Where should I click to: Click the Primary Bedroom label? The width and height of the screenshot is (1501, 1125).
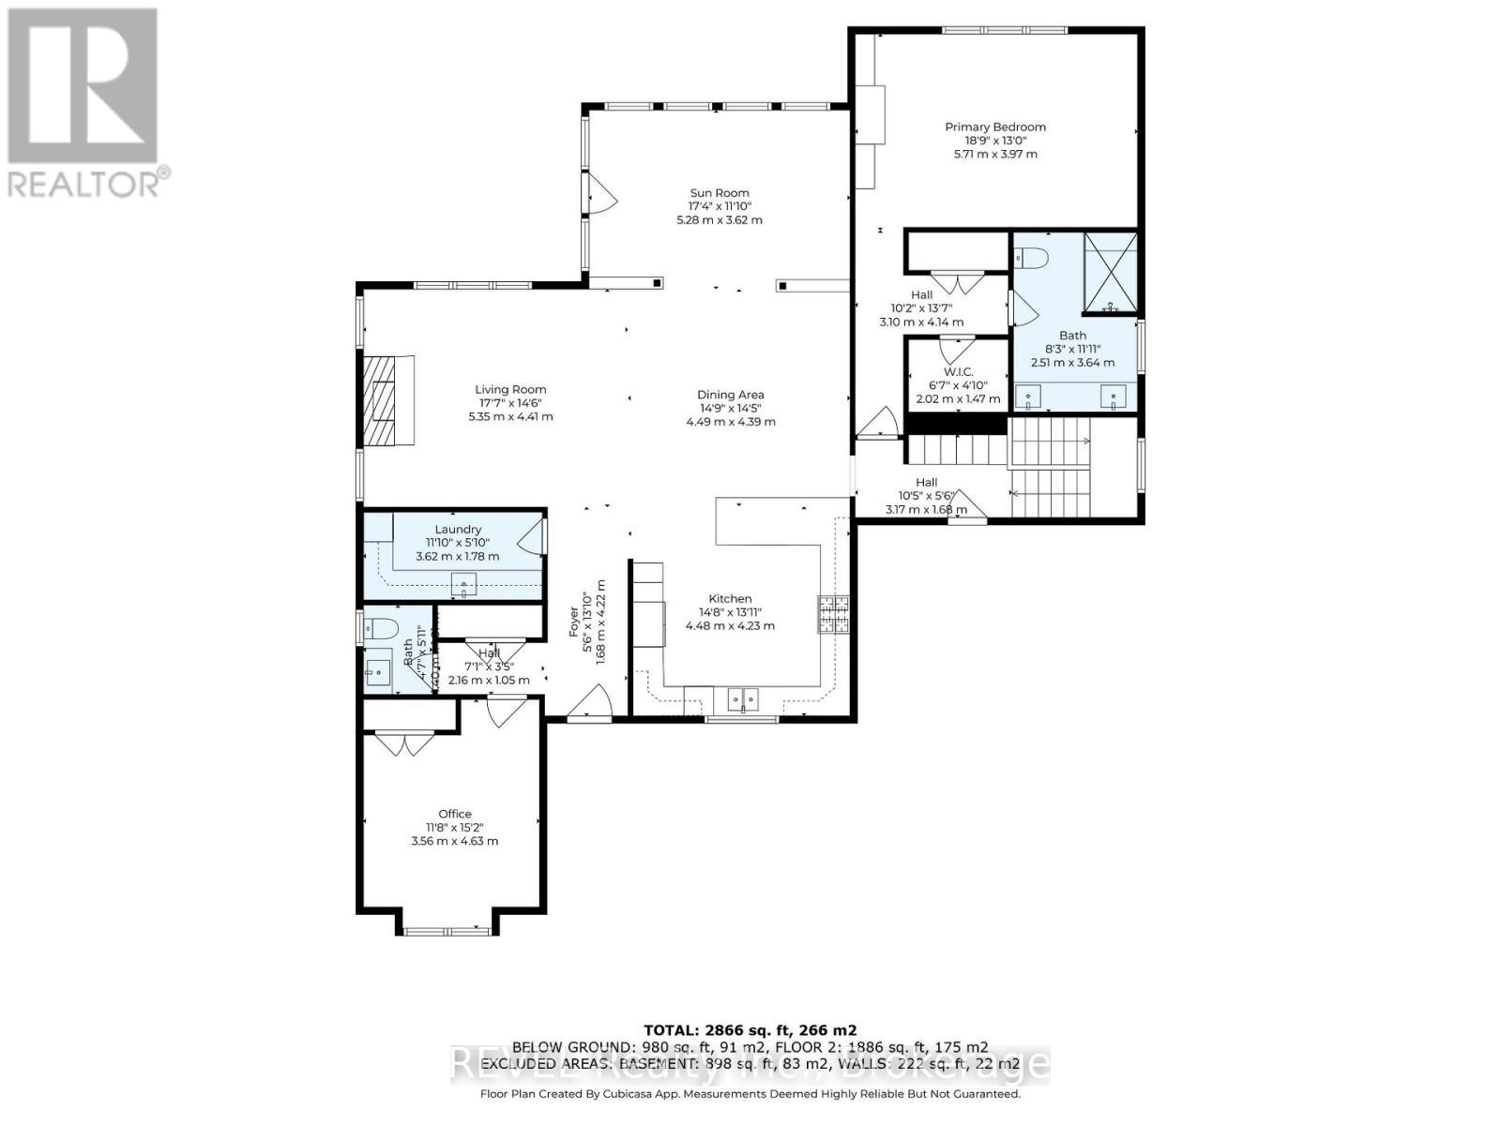point(994,127)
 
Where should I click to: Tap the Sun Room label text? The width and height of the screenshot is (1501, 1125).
point(720,193)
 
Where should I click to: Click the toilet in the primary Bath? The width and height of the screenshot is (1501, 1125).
point(1030,255)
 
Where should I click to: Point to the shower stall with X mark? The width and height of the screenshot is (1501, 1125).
point(1111,273)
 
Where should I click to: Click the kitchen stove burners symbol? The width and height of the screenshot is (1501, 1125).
point(833,614)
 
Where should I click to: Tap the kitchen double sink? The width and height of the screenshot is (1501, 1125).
point(743,698)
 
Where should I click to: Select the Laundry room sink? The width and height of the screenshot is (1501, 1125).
point(464,585)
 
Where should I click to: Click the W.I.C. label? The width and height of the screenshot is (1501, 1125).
point(958,372)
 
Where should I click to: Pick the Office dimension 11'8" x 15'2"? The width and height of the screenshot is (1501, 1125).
point(455,828)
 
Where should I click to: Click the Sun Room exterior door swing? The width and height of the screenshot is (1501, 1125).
point(599,197)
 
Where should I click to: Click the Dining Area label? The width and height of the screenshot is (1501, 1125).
point(730,395)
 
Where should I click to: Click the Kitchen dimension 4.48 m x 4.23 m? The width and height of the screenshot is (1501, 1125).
point(730,625)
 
